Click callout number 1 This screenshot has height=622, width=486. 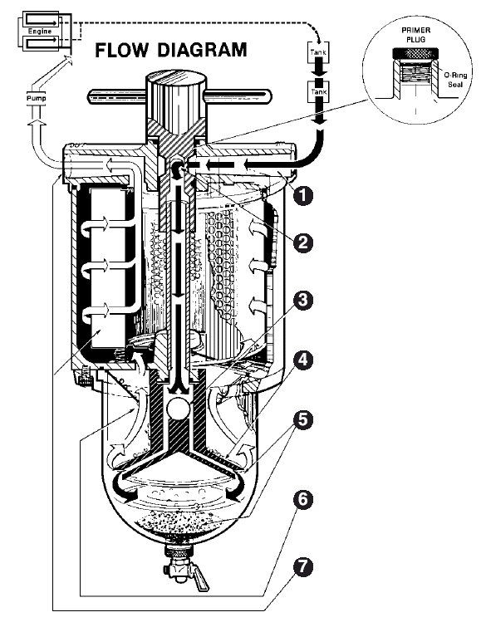pyautogui.click(x=303, y=195)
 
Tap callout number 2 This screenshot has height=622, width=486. pyautogui.click(x=303, y=242)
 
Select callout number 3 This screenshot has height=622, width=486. pyautogui.click(x=303, y=301)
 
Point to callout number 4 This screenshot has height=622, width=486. pyautogui.click(x=303, y=360)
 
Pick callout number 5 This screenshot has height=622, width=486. pyautogui.click(x=303, y=419)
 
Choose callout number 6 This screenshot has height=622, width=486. pyautogui.click(x=303, y=499)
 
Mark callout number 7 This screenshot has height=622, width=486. pyautogui.click(x=303, y=567)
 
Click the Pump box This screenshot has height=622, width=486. pyautogui.click(x=36, y=98)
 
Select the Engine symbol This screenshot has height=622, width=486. pyautogui.click(x=44, y=31)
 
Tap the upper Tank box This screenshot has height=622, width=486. pyautogui.click(x=318, y=52)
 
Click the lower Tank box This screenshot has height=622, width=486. pyautogui.click(x=318, y=92)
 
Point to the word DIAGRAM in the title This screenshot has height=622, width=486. pyautogui.click(x=202, y=51)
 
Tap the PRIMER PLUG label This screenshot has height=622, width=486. pyautogui.click(x=415, y=35)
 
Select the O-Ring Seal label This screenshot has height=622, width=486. pyautogui.click(x=455, y=80)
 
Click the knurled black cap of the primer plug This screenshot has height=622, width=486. pyautogui.click(x=416, y=53)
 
